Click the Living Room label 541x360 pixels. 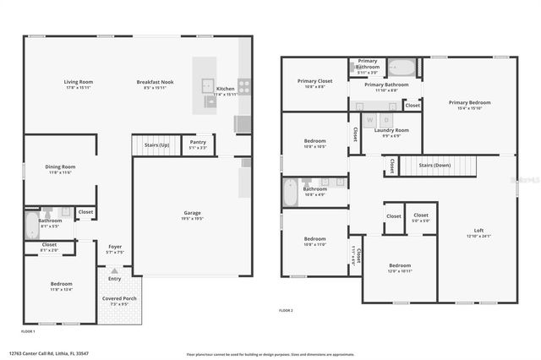click(78, 82)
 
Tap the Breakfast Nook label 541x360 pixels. click(153, 82)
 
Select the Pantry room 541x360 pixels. click(197, 144)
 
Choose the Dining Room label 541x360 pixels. click(60, 166)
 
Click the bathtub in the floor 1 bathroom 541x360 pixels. click(31, 224)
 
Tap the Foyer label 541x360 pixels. click(115, 248)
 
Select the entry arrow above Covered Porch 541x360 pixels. click(114, 271)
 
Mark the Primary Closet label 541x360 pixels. click(314, 82)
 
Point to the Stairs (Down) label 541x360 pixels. click(435, 165)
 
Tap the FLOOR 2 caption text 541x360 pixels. click(287, 311)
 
